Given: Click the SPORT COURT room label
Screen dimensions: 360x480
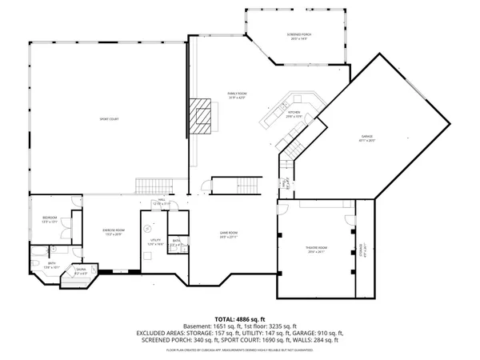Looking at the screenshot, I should pos(109,119).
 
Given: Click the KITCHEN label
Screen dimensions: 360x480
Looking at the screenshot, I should pos(293,113).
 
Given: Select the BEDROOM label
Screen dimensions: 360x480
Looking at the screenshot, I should pos(49,218).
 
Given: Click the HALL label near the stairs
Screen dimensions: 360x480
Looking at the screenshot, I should pos(161,201).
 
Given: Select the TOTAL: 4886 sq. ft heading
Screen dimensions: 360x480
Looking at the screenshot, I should pos(239,319).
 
